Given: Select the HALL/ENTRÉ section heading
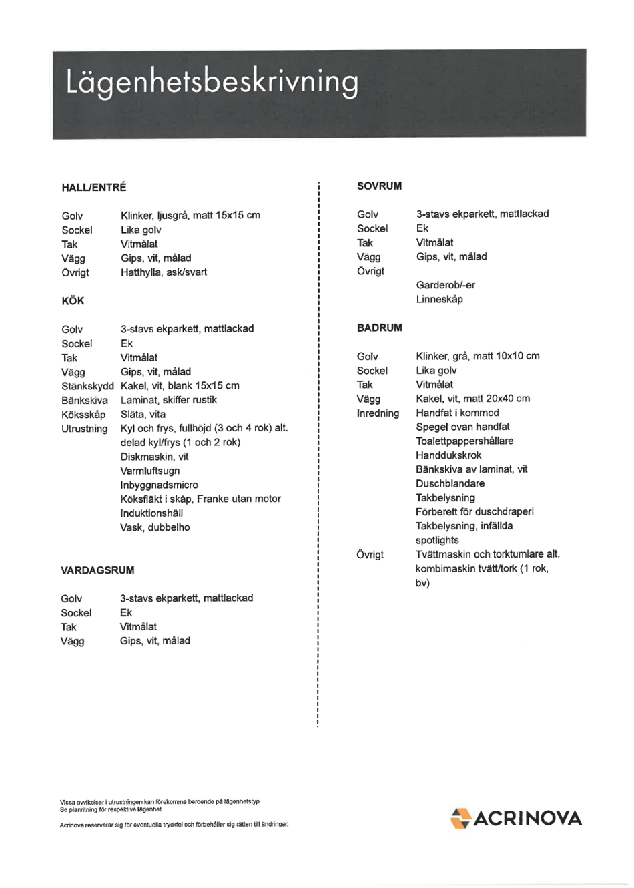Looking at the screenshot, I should (x=94, y=188).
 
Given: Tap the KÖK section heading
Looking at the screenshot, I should (x=73, y=301).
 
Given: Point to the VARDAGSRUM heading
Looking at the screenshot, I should (x=97, y=570).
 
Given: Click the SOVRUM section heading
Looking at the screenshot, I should (x=379, y=186).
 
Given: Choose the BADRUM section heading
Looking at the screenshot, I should (x=379, y=328).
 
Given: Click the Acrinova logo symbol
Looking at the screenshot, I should (x=460, y=818).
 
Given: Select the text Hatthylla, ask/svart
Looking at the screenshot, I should (x=164, y=272).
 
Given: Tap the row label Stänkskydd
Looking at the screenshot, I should (x=87, y=386).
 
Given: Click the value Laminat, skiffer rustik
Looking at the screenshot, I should (x=168, y=400).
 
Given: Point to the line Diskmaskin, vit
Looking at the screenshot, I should (x=154, y=457).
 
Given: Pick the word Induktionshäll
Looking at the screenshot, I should (x=151, y=513).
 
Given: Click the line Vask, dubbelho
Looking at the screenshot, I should (x=155, y=527).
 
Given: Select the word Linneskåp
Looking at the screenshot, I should (x=439, y=299).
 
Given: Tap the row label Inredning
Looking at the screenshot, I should (x=378, y=413).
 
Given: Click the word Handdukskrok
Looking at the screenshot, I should (x=448, y=455).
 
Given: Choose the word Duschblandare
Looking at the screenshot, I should (x=450, y=483).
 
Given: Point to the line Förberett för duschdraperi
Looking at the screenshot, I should (x=474, y=512).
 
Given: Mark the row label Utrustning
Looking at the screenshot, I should (x=84, y=429).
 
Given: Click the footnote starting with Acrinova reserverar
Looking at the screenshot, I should (x=174, y=825).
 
